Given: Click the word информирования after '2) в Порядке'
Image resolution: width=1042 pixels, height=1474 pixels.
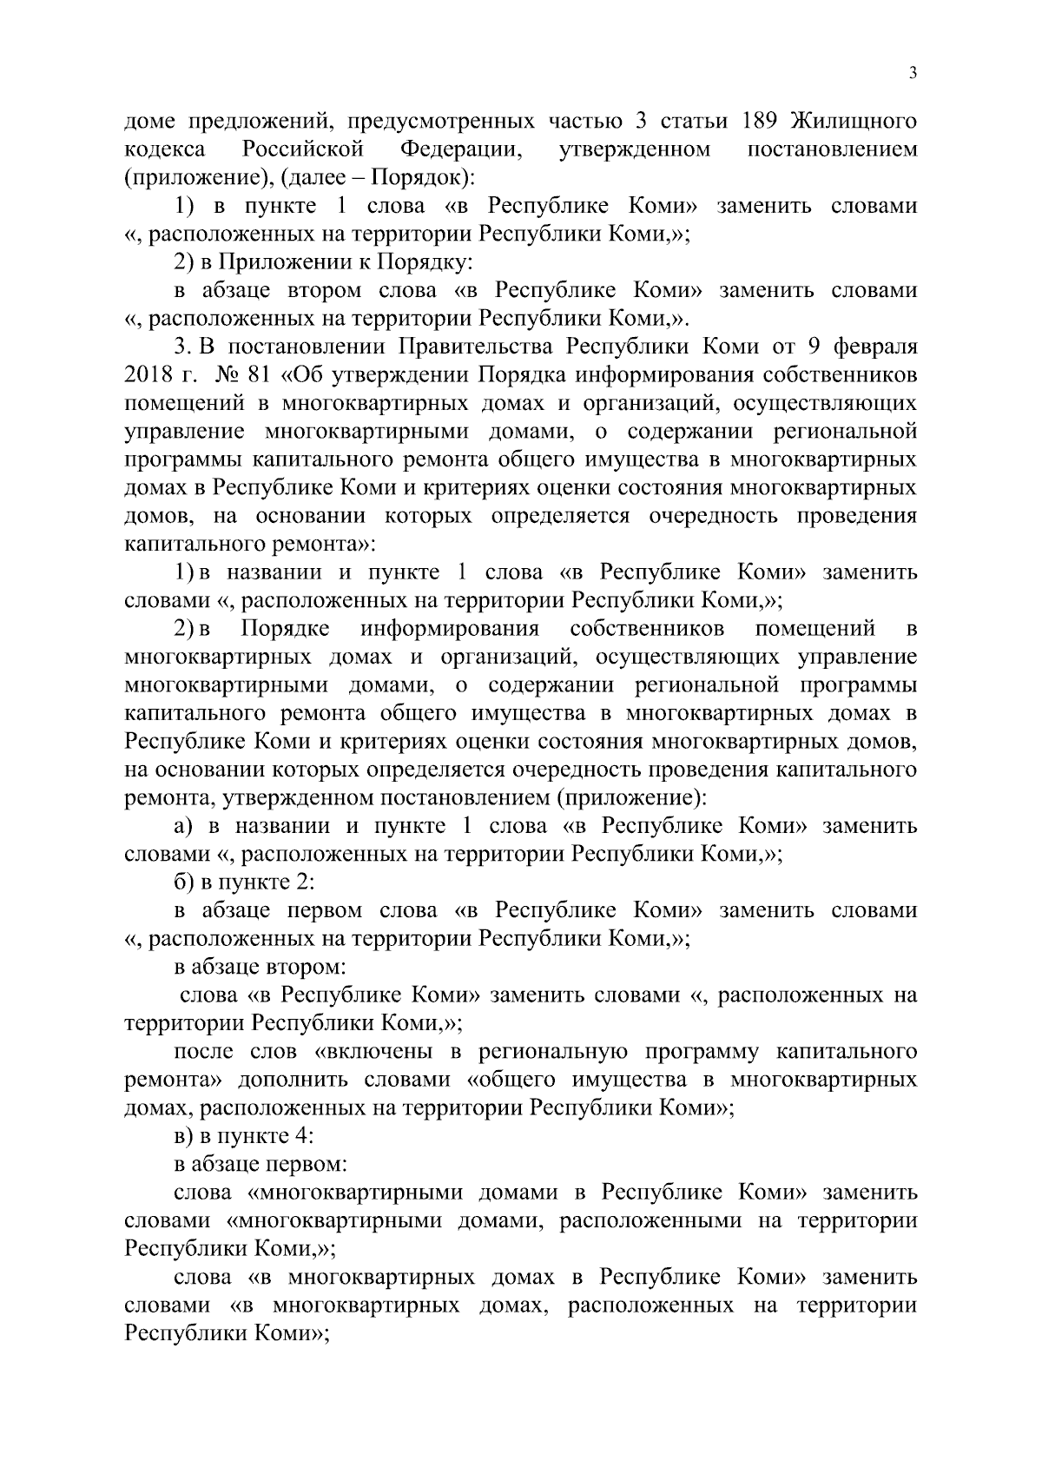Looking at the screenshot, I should click(x=450, y=628).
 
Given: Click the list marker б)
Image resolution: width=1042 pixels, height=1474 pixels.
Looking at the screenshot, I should click(x=184, y=882).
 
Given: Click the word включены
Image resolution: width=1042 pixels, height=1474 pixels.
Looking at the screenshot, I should click(x=377, y=1052).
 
